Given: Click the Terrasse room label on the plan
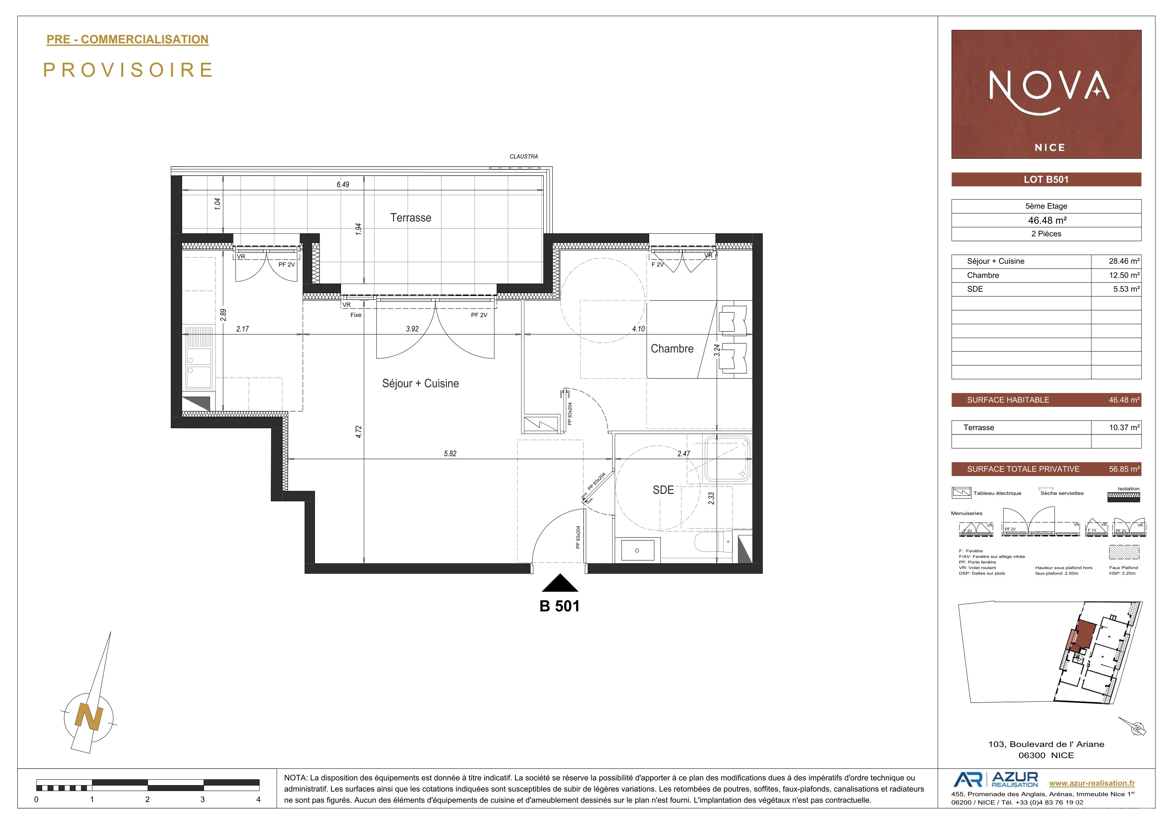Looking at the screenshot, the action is point(411,218).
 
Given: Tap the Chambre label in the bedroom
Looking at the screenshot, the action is point(672,349).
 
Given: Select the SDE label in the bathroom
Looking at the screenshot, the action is point(663,490).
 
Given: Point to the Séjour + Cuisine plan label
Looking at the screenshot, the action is point(420,383).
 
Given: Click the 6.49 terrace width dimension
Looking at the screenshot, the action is point(343,184).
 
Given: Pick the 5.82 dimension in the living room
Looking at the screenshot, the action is point(450,453).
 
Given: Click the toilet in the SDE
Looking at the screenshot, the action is point(714,542).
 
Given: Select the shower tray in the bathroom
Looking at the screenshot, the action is point(727,459).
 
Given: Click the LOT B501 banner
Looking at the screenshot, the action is point(1046,179).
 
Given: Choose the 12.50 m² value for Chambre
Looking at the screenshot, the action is point(1124,275).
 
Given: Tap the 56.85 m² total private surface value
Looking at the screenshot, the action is point(1124,469).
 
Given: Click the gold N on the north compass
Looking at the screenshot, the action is point(89,716).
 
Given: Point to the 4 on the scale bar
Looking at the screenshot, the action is point(258,799).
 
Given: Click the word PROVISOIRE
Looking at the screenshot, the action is point(128,70).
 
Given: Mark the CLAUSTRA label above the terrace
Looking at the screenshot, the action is point(524,156).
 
